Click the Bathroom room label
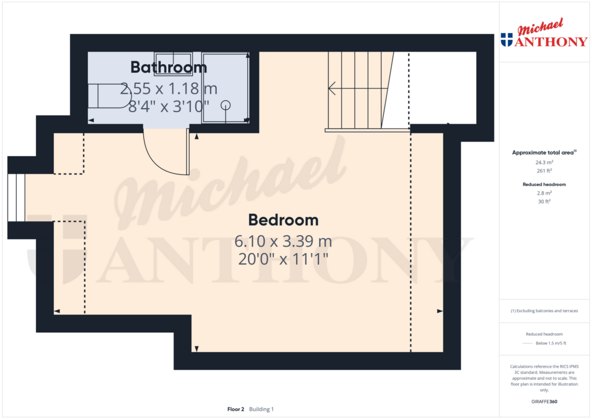[169, 67]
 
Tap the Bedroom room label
[283, 220]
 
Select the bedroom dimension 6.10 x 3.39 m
[283, 241]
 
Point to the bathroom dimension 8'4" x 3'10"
[168, 106]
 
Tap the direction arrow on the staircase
[357, 88]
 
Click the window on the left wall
[16, 198]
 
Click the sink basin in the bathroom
[173, 63]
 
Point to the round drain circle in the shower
[226, 105]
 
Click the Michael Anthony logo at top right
[544, 33]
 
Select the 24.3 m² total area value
[544, 162]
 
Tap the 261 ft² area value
[544, 170]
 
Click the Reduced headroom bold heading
[544, 184]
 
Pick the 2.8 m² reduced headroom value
[544, 193]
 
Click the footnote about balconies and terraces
[544, 311]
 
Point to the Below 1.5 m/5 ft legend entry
[551, 343]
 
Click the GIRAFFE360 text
[544, 402]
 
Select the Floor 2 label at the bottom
[236, 409]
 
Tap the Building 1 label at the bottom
[261, 409]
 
